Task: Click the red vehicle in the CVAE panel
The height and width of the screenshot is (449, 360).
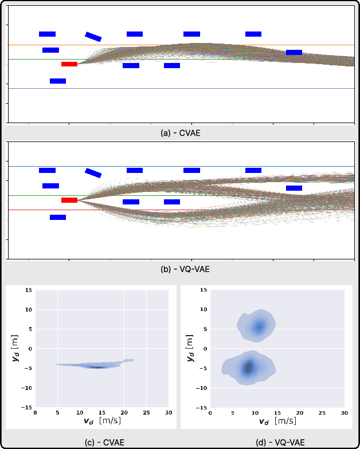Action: pyautogui.click(x=69, y=64)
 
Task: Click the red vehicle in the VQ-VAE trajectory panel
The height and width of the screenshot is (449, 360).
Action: pyautogui.click(x=69, y=200)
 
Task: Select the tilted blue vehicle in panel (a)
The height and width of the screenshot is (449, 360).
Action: pyautogui.click(x=93, y=37)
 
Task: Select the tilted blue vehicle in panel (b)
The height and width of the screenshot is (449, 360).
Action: pyautogui.click(x=93, y=173)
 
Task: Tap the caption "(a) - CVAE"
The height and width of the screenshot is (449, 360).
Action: pyautogui.click(x=180, y=132)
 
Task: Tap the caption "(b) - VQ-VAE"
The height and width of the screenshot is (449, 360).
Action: pyautogui.click(x=180, y=267)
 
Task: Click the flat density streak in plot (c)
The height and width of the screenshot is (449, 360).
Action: pyautogui.click(x=92, y=365)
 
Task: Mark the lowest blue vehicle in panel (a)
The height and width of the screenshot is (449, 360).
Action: pyautogui.click(x=58, y=81)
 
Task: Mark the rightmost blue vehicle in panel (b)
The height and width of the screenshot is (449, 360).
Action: pyautogui.click(x=294, y=188)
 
